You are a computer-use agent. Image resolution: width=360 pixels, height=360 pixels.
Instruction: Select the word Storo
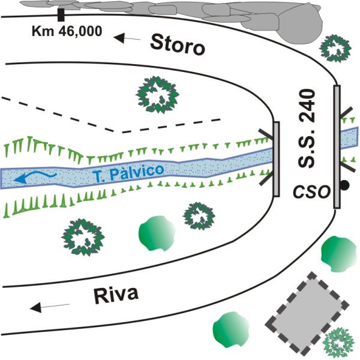click(177, 44)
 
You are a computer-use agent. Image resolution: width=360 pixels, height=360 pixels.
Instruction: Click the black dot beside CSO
click(344, 185)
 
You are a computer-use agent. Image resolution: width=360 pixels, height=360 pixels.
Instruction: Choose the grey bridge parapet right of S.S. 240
click(337, 147)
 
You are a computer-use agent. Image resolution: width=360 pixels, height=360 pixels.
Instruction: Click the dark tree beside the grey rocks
click(335, 47)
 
